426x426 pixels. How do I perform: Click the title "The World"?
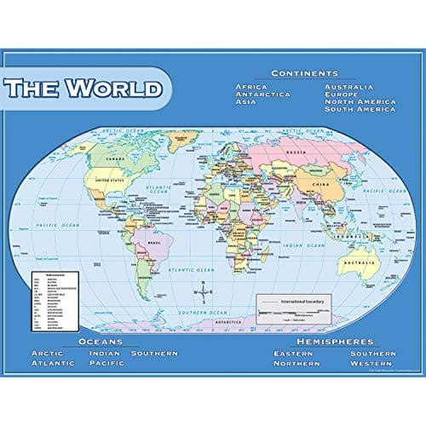pyautogui.click(x=83, y=88)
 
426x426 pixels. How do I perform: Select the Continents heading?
pyautogui.click(x=304, y=73)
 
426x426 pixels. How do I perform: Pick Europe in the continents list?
pyautogui.click(x=343, y=95)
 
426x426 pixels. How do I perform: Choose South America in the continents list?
pyautogui.click(x=359, y=109)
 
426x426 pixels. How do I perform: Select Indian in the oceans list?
pyautogui.click(x=104, y=353)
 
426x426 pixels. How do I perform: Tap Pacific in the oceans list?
pyautogui.click(x=106, y=364)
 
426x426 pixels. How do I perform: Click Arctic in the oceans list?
pyautogui.click(x=47, y=353)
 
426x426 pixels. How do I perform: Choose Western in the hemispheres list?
pyautogui.click(x=371, y=364)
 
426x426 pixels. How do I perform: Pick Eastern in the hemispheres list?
pyautogui.click(x=293, y=353)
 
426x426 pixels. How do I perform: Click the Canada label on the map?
pyautogui.click(x=111, y=158)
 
